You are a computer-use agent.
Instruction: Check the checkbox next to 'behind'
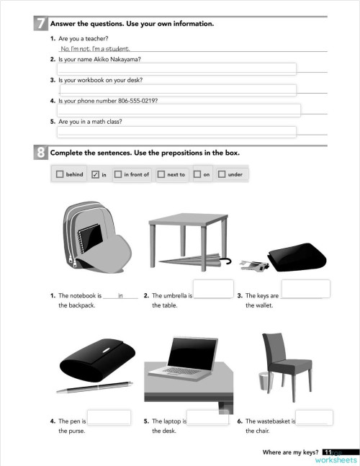point(59,174)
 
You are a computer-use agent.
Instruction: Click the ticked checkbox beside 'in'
point(95,174)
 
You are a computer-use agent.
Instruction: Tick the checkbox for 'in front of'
point(117,174)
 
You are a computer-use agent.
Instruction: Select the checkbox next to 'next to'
point(161,174)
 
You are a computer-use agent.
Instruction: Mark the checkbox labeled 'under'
point(222,174)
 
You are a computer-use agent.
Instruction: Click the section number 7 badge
point(42,24)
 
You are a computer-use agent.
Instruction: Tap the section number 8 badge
point(42,153)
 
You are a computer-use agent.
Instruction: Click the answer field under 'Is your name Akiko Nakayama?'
point(176,68)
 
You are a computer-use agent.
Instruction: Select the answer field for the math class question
point(176,132)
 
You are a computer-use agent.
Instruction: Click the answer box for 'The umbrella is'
point(213,289)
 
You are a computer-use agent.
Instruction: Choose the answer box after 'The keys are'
point(305,289)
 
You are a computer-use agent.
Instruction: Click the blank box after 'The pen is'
point(109,417)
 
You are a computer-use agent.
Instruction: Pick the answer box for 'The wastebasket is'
point(315,417)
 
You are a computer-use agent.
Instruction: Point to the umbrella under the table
point(191,258)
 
